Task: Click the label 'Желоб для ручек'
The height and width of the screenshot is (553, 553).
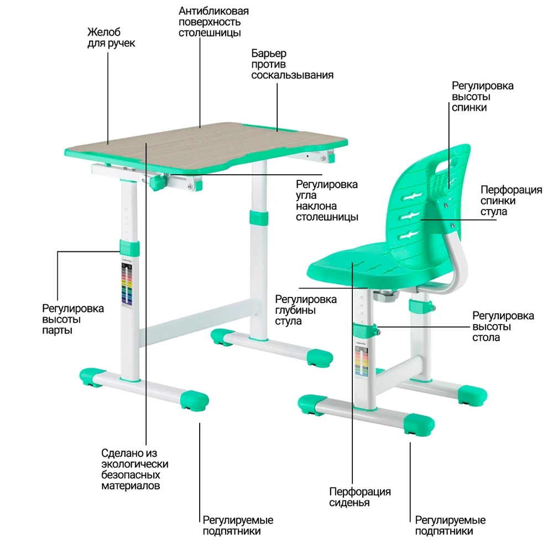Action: (111, 38)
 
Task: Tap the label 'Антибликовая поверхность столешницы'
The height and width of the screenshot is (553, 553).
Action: (213, 22)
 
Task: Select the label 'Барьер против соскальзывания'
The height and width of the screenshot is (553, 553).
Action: (292, 64)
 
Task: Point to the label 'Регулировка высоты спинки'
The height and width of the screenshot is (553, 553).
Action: (482, 97)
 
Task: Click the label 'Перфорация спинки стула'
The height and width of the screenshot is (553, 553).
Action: (511, 201)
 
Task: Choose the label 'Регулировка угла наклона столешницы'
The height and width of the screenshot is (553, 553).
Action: (327, 200)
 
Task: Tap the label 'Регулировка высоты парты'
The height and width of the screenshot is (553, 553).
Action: (72, 319)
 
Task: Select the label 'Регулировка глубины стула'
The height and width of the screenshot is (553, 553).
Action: (305, 310)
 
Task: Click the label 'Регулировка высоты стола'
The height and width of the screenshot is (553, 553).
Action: (503, 326)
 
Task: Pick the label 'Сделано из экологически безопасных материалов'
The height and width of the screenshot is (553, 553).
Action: (134, 469)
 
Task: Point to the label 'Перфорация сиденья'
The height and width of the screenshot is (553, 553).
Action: (360, 497)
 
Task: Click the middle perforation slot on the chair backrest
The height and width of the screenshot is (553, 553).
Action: (410, 215)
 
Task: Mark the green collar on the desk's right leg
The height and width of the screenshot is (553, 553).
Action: (258, 217)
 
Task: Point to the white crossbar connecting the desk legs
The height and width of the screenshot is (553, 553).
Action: (196, 322)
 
